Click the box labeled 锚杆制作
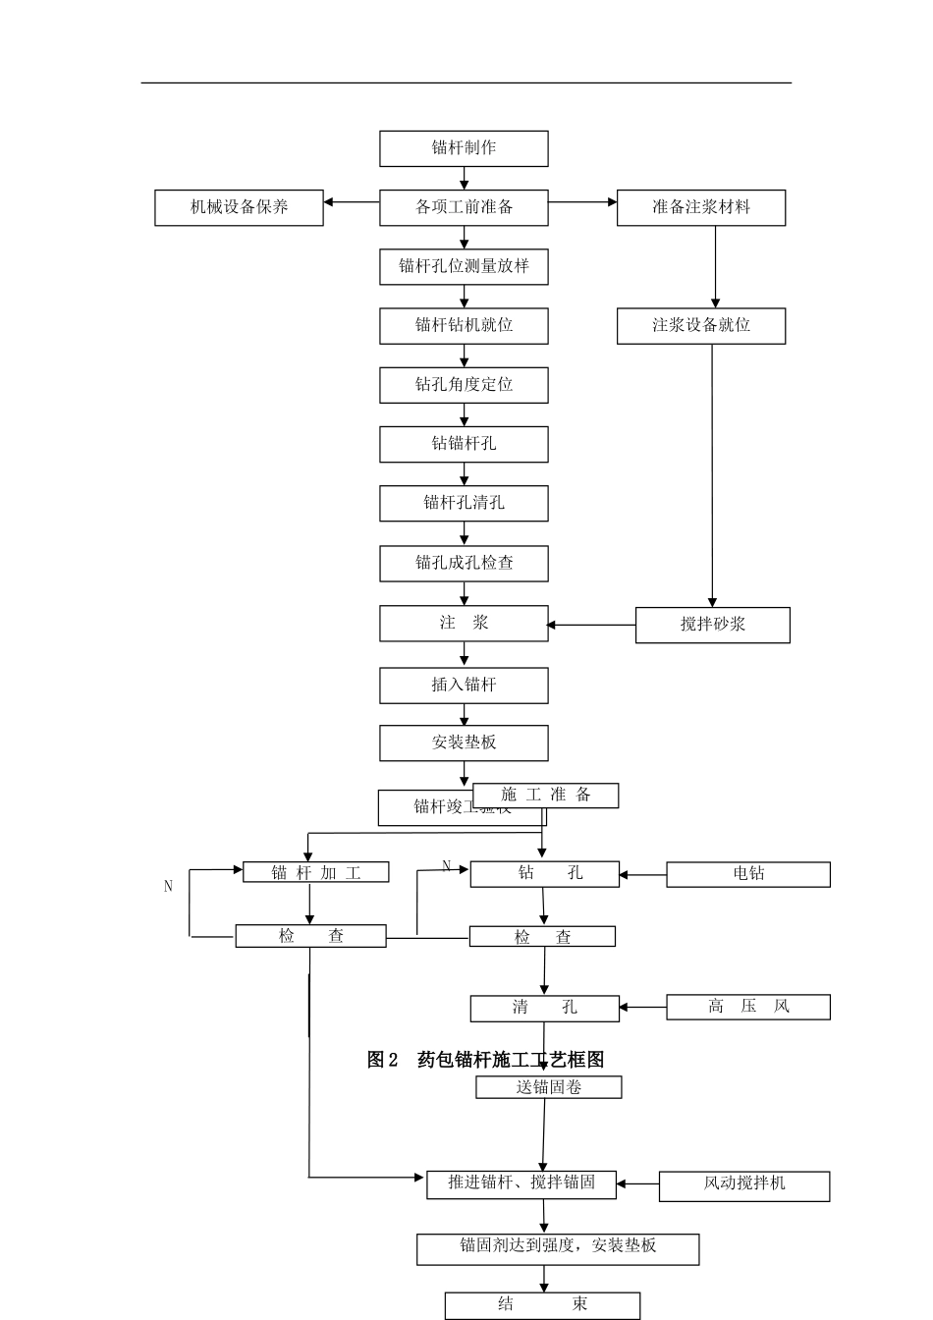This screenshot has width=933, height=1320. point(464,148)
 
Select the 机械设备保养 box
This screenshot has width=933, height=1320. point(239,207)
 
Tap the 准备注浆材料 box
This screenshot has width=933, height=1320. point(700,207)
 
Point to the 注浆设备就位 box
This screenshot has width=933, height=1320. point(700,326)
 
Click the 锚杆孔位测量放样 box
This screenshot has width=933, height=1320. point(464,266)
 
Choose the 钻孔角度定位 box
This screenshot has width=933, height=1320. point(464,385)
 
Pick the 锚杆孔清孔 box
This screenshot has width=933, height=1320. point(464,504)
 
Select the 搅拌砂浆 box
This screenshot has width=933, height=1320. point(712,625)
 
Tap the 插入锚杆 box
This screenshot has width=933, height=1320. point(464,686)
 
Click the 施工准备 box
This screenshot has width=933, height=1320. point(546,796)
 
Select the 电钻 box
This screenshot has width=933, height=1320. point(747,874)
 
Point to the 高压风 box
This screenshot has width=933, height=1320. point(747,1007)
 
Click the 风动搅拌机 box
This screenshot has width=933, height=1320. point(743,1184)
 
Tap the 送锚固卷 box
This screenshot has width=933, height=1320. point(548,1087)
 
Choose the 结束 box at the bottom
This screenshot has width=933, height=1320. point(542,1305)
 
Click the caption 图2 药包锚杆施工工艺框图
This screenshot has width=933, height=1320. point(485,1060)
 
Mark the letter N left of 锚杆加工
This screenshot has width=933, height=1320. point(168,887)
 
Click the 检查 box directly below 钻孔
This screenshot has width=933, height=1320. point(542,937)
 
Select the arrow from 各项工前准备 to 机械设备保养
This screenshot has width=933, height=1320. point(351,202)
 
